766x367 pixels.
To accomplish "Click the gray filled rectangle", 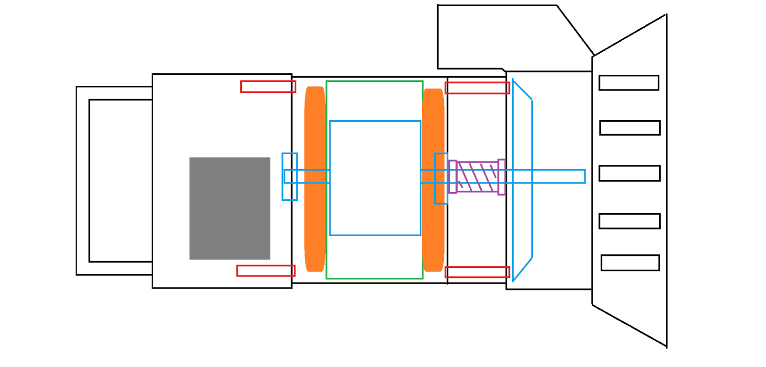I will (x=230, y=208).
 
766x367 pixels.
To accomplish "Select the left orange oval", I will (x=315, y=179).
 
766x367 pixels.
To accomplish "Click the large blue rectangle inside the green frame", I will (x=375, y=144).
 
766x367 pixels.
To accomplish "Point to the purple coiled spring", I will (x=477, y=177).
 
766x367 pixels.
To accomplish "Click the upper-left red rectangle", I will (x=268, y=87).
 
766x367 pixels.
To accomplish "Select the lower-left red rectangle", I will (x=266, y=271).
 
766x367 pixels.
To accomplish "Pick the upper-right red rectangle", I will (x=477, y=88).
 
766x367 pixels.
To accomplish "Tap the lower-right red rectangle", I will (x=477, y=272).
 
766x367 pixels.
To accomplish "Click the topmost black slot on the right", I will (x=629, y=82).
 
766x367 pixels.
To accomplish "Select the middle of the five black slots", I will (x=630, y=173).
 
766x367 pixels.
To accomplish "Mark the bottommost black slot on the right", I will (x=630, y=263).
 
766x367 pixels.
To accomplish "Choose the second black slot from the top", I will (x=630, y=128).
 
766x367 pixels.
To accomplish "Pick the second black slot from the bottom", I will (x=630, y=221).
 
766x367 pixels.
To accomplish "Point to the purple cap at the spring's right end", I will (x=501, y=177).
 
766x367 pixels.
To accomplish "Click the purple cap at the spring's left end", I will (x=452, y=177).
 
